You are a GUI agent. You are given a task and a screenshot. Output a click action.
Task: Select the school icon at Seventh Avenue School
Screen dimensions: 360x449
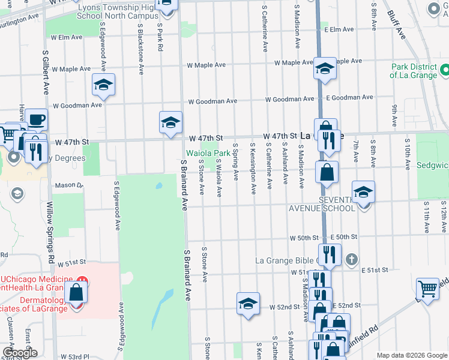pyautogui.click(x=363, y=193)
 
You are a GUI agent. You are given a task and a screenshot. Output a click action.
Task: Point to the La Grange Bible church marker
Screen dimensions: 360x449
pyautogui.click(x=352, y=260)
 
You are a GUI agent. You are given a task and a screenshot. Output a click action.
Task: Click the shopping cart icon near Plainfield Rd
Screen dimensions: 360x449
pyautogui.click(x=427, y=289)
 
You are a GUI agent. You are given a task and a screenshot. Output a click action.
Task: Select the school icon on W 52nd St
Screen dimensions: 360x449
pyautogui.click(x=248, y=304)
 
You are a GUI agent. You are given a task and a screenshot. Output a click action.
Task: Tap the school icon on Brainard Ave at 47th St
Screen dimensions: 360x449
pyautogui.click(x=170, y=123)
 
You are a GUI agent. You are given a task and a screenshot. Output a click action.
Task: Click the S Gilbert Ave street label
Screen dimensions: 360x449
pyautogui.click(x=46, y=72)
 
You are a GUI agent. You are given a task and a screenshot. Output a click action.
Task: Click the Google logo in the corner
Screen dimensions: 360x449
pyautogui.click(x=20, y=352)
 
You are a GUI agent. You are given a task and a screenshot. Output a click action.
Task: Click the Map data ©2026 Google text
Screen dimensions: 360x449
pyautogui.click(x=412, y=355)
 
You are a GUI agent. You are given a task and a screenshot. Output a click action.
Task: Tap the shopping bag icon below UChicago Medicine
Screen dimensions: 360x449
pyautogui.click(x=76, y=293)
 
